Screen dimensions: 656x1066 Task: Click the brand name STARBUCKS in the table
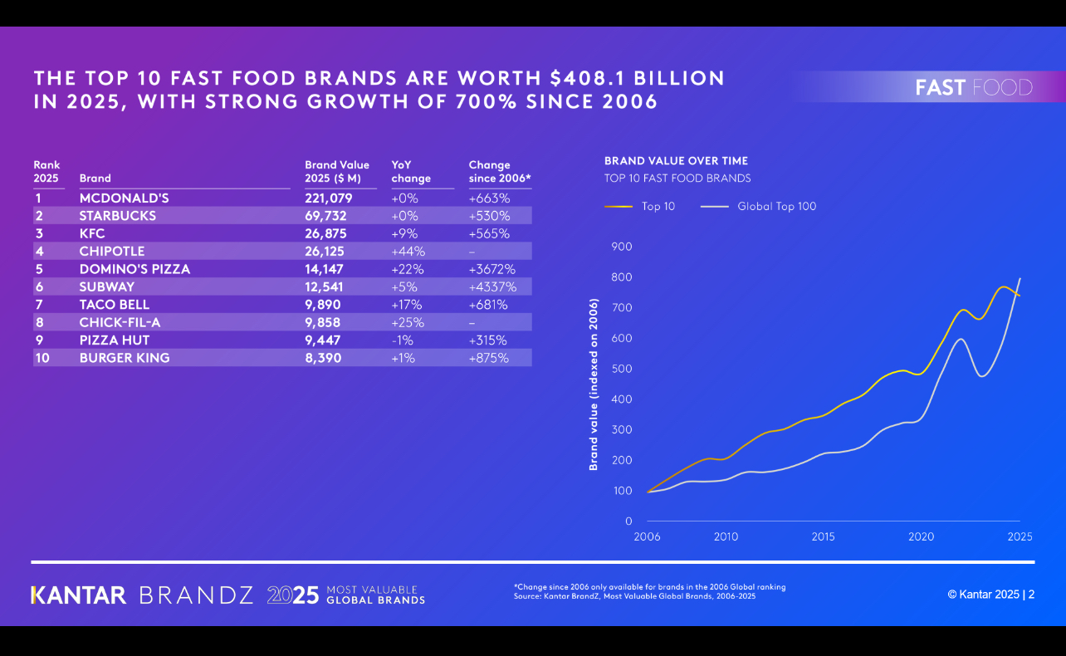coord(118,216)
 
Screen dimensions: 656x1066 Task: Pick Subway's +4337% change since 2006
coord(492,287)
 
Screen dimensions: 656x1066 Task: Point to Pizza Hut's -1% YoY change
coord(403,340)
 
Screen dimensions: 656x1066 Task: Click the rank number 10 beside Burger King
coord(42,358)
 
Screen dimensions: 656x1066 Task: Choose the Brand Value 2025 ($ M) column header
coord(337,172)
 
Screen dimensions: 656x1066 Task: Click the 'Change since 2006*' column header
coord(499,172)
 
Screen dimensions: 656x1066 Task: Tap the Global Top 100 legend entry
coord(776,207)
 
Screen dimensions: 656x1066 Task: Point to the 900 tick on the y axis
coord(621,247)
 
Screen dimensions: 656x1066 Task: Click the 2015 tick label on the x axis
coord(823,537)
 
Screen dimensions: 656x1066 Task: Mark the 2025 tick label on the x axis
coord(1020,537)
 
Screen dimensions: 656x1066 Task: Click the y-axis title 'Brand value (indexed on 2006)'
coord(594,384)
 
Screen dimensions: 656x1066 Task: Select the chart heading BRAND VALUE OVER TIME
coord(676,161)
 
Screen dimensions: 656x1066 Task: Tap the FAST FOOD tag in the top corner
coord(974,87)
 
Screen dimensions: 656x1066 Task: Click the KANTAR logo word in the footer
coord(79,595)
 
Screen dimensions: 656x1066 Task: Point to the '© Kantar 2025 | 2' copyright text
coord(990,595)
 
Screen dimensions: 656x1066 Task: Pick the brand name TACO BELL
coord(115,305)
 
